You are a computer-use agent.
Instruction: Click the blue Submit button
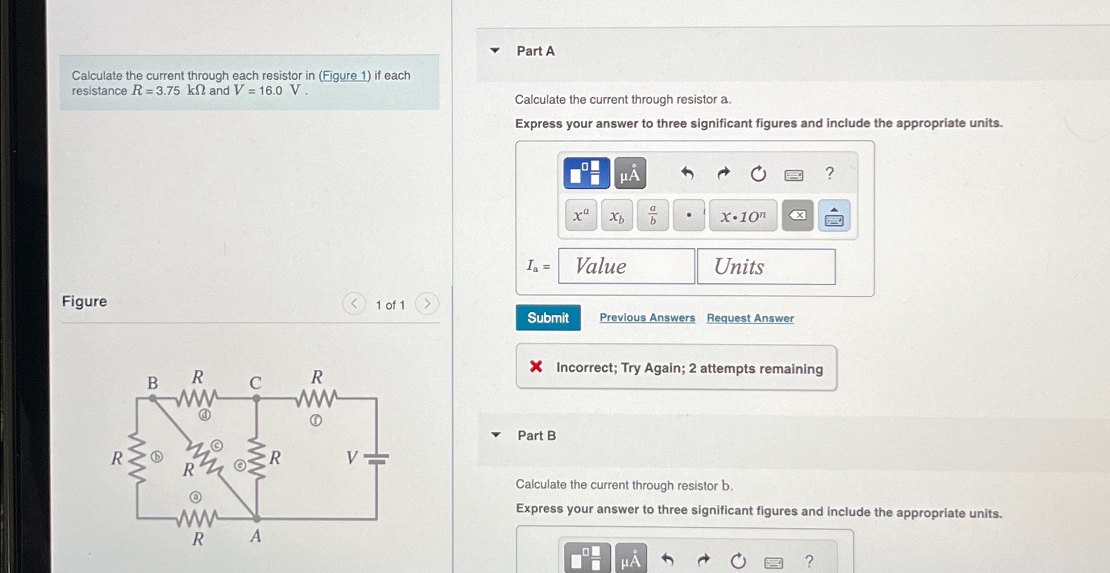(547, 318)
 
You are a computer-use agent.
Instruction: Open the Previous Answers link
(646, 318)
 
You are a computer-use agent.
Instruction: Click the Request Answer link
(750, 318)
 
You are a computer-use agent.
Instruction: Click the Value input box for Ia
(626, 266)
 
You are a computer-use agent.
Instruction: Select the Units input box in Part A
(766, 267)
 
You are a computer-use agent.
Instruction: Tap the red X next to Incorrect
(536, 366)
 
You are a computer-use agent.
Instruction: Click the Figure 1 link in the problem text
(344, 75)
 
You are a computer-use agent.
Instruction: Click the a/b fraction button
(652, 215)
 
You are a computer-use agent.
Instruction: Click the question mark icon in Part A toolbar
(829, 173)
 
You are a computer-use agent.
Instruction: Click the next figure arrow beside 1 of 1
(427, 304)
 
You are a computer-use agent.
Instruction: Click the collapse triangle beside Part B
(496, 435)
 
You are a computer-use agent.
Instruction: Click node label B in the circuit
(152, 383)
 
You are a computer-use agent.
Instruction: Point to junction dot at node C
(257, 399)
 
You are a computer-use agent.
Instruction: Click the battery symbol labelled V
(376, 458)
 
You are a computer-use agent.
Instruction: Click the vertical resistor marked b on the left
(137, 457)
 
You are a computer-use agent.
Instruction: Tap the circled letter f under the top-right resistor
(316, 421)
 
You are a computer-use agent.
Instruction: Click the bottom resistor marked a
(197, 518)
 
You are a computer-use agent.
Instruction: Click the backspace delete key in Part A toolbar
(797, 215)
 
